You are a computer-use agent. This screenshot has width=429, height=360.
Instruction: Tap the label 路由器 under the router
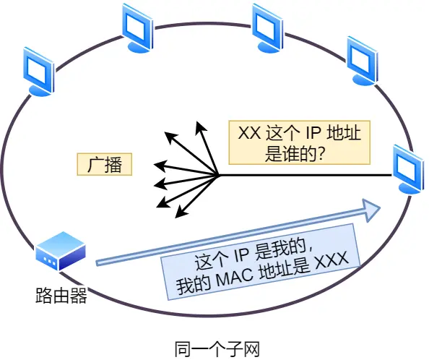[x=61, y=296]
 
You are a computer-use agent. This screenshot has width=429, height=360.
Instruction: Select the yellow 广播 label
[x=104, y=164]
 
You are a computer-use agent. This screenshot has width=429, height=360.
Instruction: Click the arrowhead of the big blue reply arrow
[x=372, y=210]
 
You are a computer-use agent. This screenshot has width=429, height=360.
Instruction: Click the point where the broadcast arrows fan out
[x=218, y=174]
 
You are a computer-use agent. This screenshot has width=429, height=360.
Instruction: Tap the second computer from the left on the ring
[x=137, y=28]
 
